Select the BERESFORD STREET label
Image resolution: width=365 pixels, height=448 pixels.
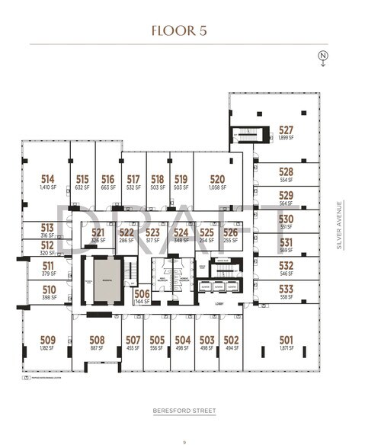click(x=182, y=411)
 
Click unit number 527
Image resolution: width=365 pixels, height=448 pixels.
click(x=286, y=130)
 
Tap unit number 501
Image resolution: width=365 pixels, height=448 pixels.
click(x=286, y=340)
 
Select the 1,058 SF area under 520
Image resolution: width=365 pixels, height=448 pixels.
click(x=217, y=187)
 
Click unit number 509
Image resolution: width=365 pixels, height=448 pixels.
click(x=47, y=340)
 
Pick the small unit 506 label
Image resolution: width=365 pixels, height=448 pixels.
click(x=141, y=293)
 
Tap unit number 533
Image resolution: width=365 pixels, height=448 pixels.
click(x=286, y=289)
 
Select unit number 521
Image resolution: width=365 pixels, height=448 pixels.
click(x=98, y=232)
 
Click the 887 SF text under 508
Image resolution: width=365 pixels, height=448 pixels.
click(x=97, y=348)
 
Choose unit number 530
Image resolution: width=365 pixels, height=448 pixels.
click(x=286, y=218)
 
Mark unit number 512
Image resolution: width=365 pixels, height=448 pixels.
click(x=47, y=245)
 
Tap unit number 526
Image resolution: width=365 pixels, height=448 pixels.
click(x=230, y=232)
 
